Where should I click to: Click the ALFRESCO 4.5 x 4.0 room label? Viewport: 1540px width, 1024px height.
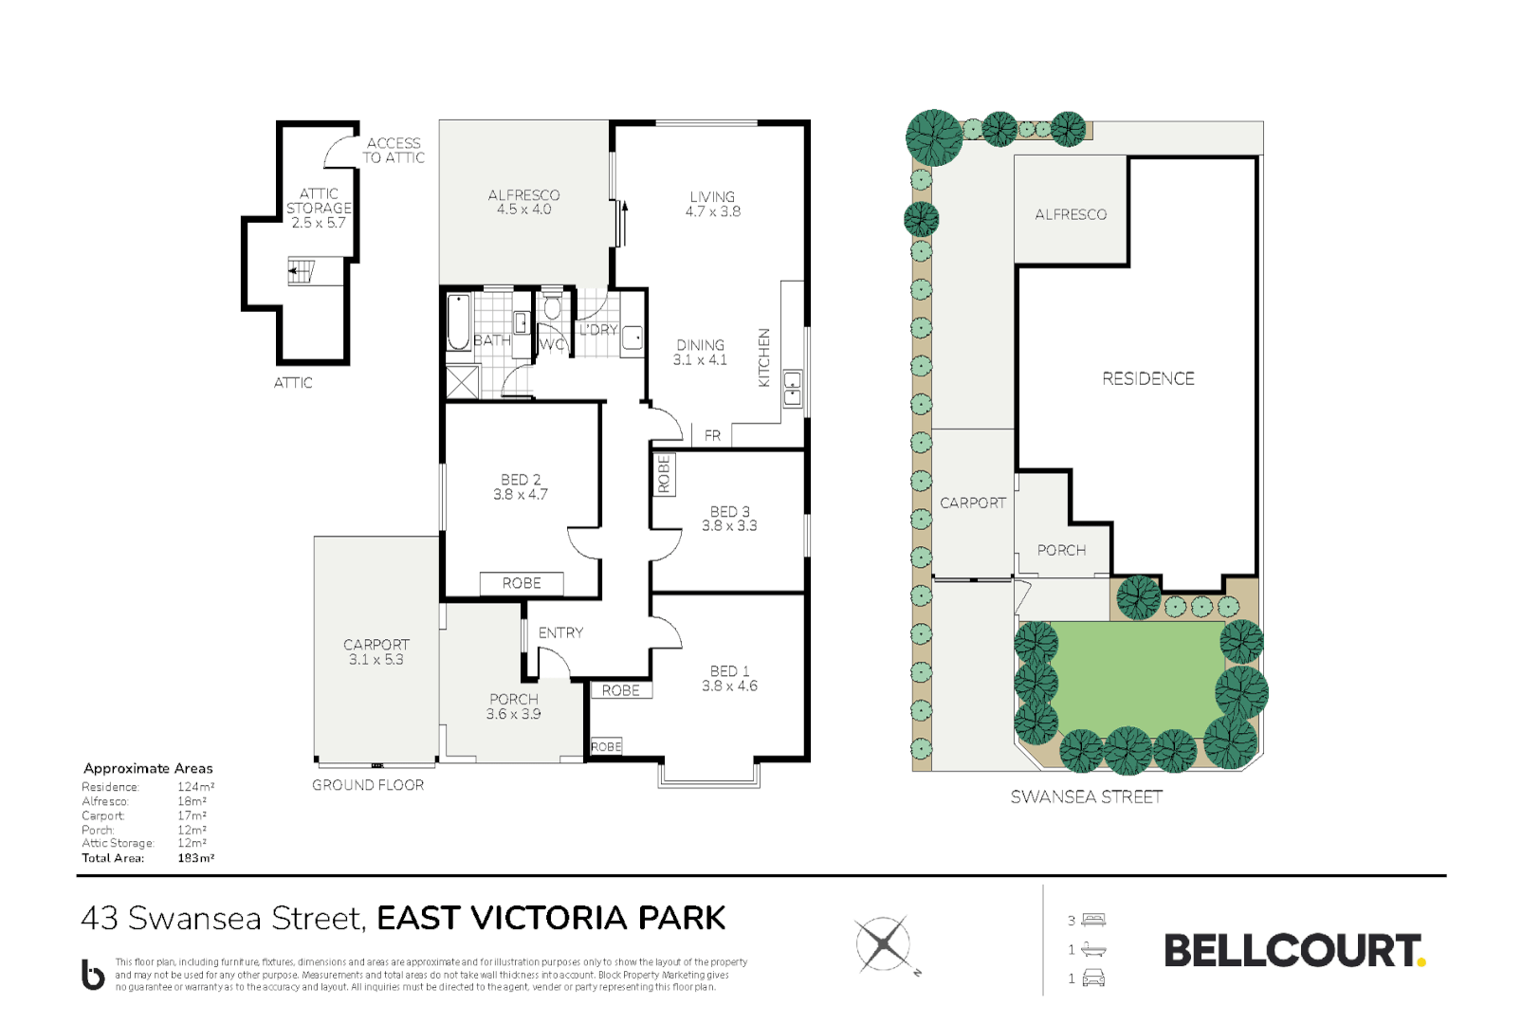pos(523,202)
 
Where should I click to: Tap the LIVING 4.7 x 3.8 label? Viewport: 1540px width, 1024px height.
pos(713,204)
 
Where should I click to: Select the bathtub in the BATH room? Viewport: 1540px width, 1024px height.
pos(458,322)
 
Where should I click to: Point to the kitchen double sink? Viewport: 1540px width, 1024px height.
pos(792,389)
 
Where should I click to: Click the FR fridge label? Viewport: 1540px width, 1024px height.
pos(712,435)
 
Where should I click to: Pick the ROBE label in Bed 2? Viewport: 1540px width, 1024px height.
pos(522,583)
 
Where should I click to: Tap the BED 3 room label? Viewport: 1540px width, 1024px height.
pos(729,518)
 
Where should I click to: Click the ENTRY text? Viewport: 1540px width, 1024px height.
pos(560,632)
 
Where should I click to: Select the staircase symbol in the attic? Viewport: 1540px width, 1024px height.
pos(301,271)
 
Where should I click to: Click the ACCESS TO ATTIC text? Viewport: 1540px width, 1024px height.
pos(394,150)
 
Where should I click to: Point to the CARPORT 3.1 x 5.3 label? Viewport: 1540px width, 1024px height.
pos(376,651)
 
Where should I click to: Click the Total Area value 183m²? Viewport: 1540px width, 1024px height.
pos(195,858)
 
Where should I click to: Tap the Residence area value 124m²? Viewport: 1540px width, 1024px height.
pos(195,787)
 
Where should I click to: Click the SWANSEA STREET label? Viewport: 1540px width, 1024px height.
pos(1086,797)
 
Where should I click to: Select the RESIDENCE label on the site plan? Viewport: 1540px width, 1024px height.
pos(1147,378)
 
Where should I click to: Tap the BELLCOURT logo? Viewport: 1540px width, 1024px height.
pos(1293,951)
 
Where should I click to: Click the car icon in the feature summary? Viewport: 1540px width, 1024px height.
pos(1093,978)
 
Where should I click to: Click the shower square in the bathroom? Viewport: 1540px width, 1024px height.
pos(463,382)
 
